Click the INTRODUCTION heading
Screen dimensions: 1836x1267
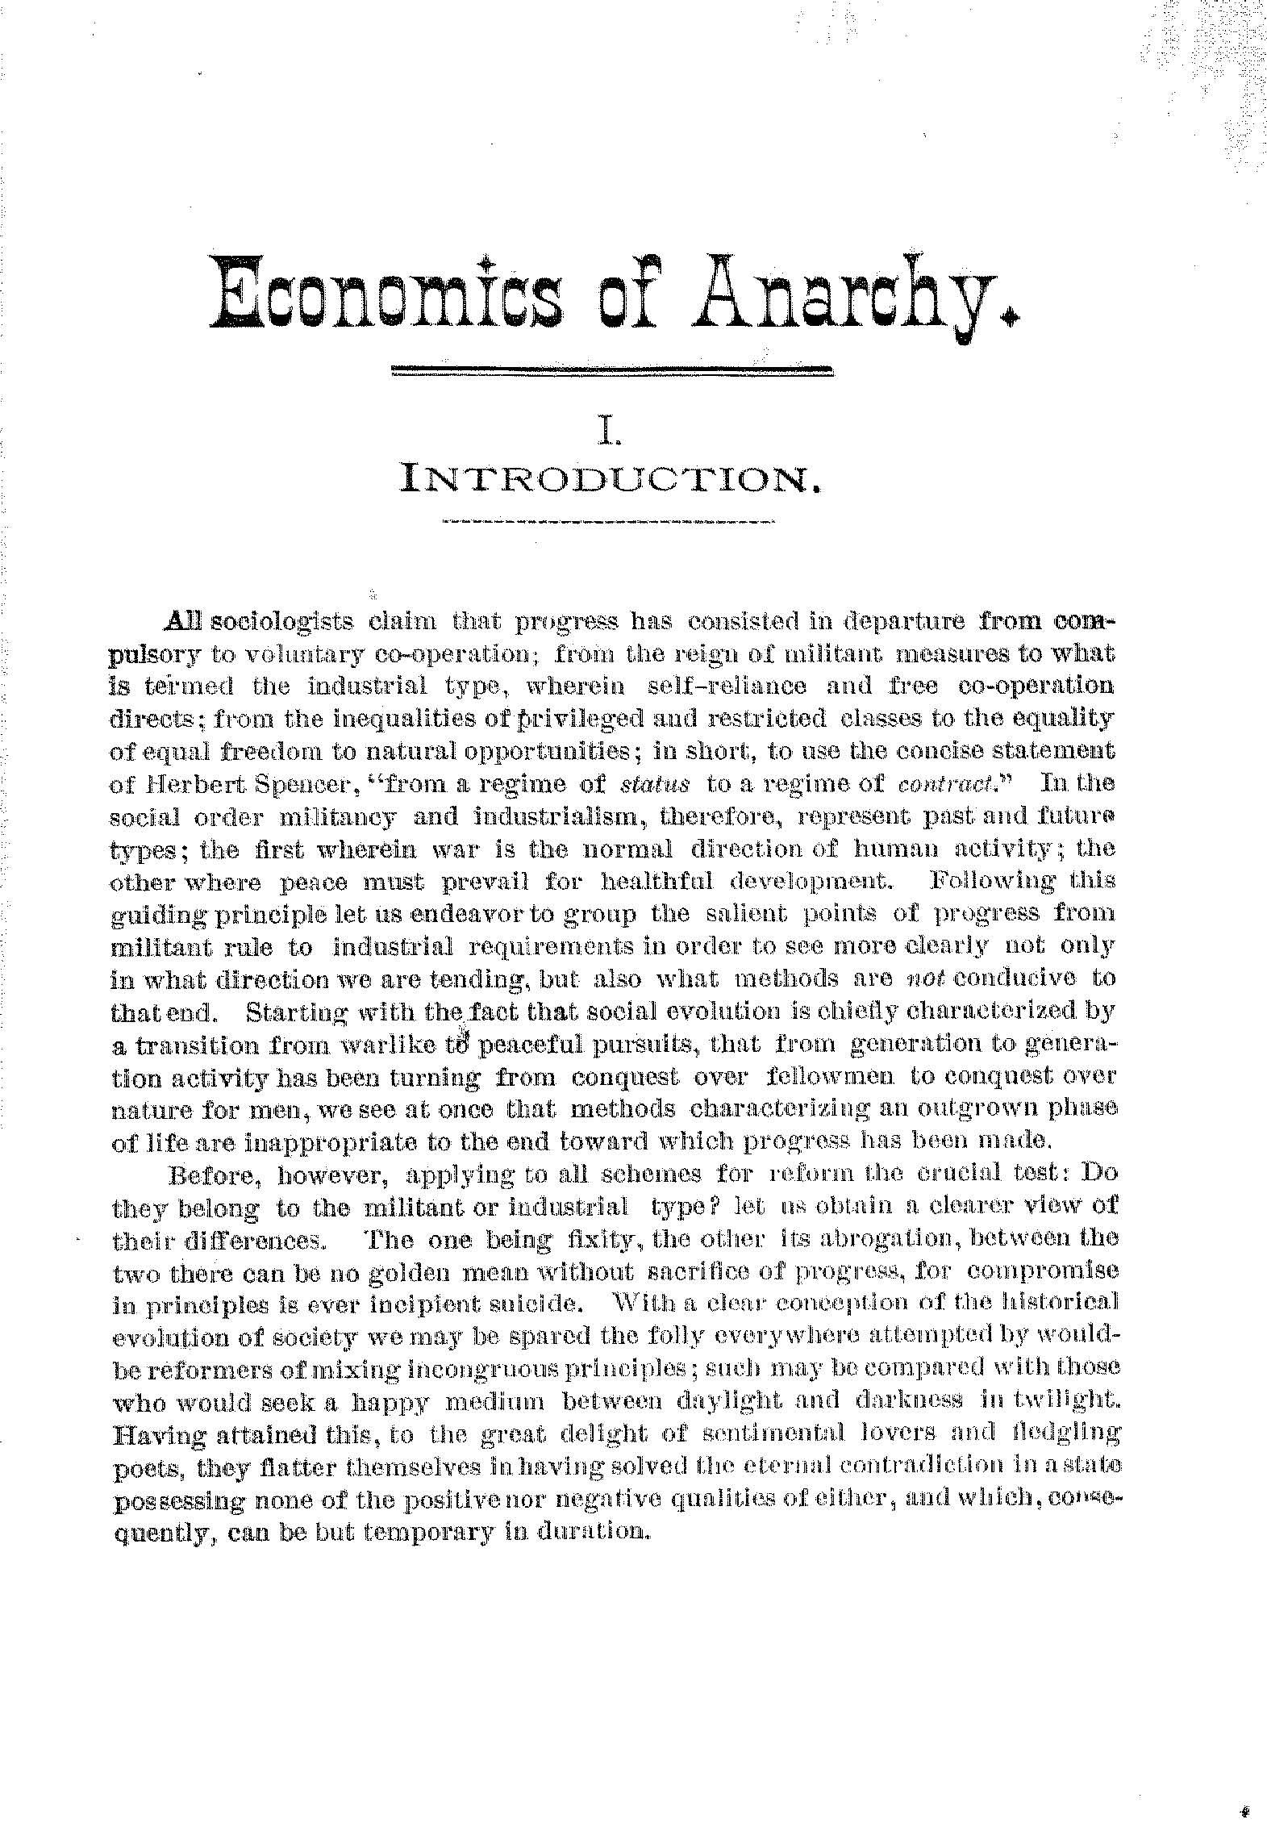(611, 481)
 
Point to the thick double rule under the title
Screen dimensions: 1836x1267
(611, 370)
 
